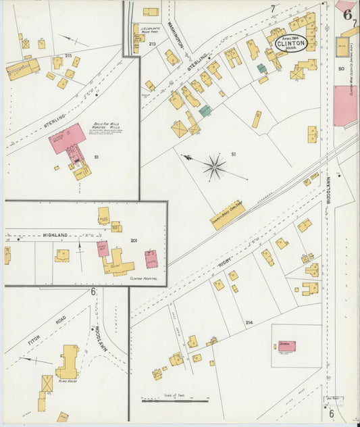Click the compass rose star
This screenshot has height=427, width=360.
tap(215, 166)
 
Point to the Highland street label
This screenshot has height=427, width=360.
tap(57, 234)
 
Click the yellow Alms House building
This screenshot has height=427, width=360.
tap(68, 362)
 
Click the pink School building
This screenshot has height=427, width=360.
tap(285, 346)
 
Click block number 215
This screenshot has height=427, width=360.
tap(68, 55)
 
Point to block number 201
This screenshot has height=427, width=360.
tap(133, 240)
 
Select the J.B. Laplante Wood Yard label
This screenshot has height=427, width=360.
tap(149, 30)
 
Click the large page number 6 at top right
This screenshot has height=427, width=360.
tap(347, 14)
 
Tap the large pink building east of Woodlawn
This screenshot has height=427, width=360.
tap(345, 105)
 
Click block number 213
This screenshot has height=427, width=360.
tap(152, 44)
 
